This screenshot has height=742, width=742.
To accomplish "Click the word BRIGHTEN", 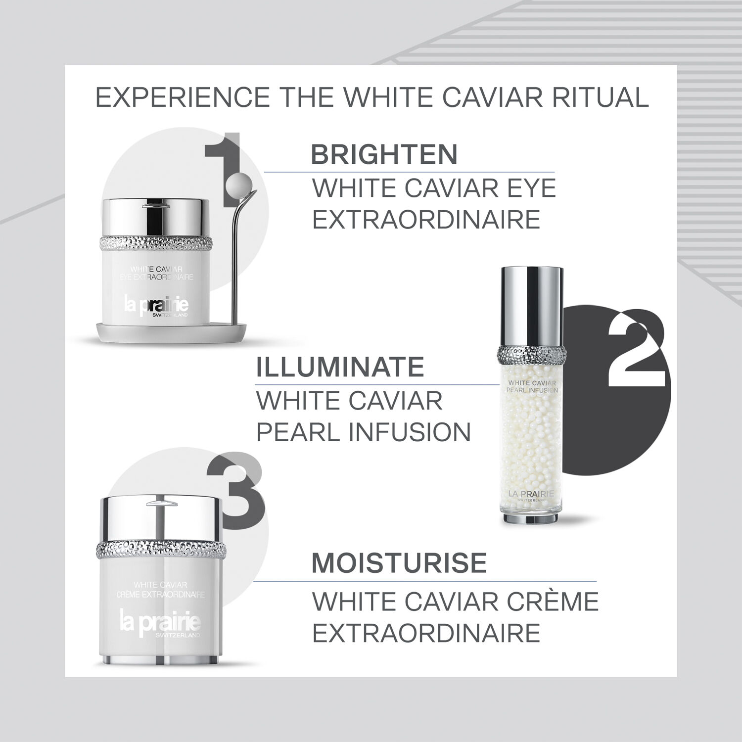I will click(x=384, y=155).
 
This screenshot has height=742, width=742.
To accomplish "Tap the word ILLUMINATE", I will click(x=340, y=367).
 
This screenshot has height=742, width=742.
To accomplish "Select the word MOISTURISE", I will click(x=399, y=563).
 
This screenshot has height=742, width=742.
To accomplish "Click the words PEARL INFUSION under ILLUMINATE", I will click(x=363, y=432).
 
